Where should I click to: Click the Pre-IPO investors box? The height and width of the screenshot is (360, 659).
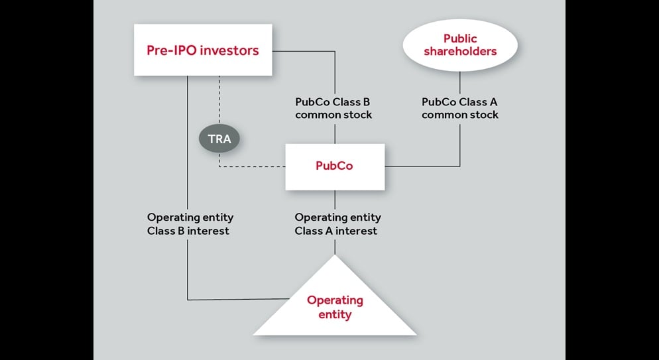pyautogui.click(x=203, y=50)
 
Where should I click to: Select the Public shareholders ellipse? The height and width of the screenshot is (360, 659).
pyautogui.click(x=460, y=45)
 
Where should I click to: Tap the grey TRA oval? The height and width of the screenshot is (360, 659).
pyautogui.click(x=219, y=139)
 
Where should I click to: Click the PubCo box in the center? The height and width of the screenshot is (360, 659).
pyautogui.click(x=335, y=166)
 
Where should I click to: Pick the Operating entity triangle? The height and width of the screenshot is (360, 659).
pyautogui.click(x=335, y=302)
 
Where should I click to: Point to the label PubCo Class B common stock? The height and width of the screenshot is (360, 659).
pyautogui.click(x=333, y=109)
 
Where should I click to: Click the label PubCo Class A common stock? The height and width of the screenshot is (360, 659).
pyautogui.click(x=460, y=109)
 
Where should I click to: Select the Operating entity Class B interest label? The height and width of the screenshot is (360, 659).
pyautogui.click(x=190, y=224)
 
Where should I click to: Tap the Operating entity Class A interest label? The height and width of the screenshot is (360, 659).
pyautogui.click(x=337, y=224)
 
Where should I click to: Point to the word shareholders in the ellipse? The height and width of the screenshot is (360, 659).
pyautogui.click(x=460, y=51)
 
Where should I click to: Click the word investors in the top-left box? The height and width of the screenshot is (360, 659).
pyautogui.click(x=229, y=50)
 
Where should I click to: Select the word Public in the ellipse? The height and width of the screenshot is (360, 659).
pyautogui.click(x=460, y=38)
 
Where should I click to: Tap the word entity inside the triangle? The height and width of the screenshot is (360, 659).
pyautogui.click(x=335, y=314)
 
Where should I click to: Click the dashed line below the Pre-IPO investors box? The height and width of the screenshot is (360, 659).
pyautogui.click(x=219, y=99)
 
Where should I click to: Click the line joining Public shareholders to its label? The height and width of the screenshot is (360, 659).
pyautogui.click(x=460, y=83)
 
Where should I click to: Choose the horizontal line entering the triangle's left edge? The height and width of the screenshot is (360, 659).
pyautogui.click(x=239, y=300)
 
